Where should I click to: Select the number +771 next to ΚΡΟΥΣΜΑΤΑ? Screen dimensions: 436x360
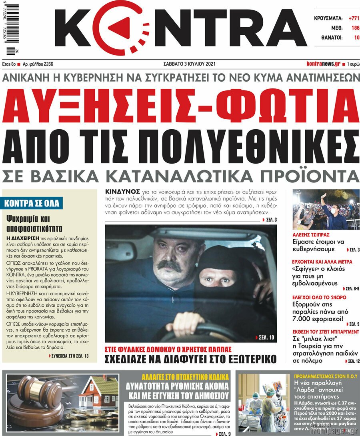point(354,18)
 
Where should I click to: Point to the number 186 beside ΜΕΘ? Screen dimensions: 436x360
point(355,28)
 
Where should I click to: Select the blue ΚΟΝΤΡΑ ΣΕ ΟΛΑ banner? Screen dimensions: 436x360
point(32,203)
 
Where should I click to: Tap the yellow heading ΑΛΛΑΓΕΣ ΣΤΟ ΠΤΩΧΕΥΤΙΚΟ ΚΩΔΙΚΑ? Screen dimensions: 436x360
point(185,376)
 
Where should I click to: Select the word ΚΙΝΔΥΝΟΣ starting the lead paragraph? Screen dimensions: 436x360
point(122,192)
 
